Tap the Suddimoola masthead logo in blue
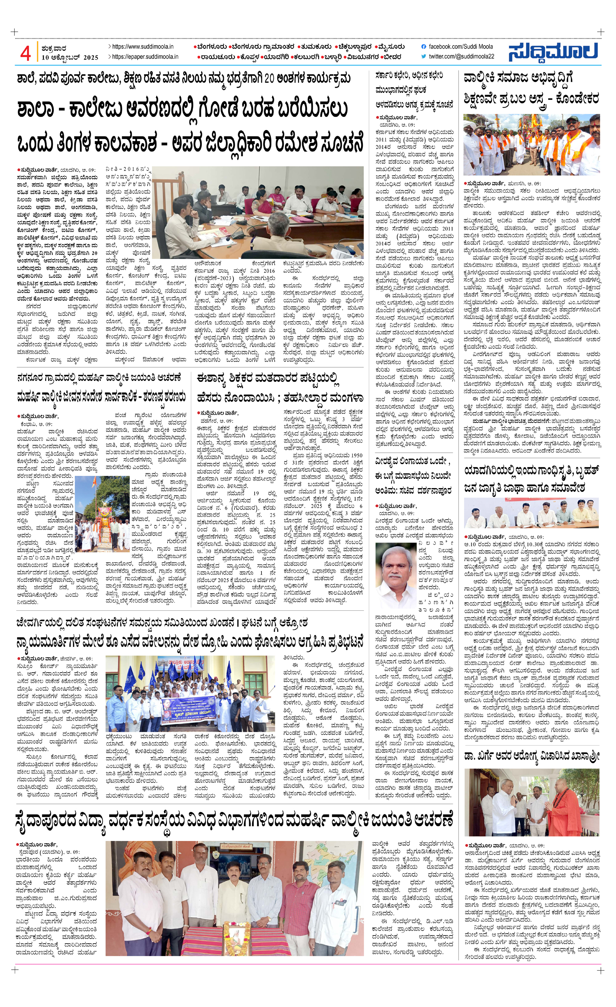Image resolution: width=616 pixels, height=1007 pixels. click(553, 52)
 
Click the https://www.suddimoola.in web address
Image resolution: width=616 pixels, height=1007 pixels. click(143, 47)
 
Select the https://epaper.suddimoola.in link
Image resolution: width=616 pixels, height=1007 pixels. click(145, 57)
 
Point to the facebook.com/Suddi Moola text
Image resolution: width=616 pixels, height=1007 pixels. click(460, 47)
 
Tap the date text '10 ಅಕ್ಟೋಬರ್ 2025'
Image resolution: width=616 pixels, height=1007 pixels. click(70, 58)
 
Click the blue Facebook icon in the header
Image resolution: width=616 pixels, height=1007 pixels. click(424, 47)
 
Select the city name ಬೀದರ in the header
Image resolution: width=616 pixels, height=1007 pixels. click(392, 57)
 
